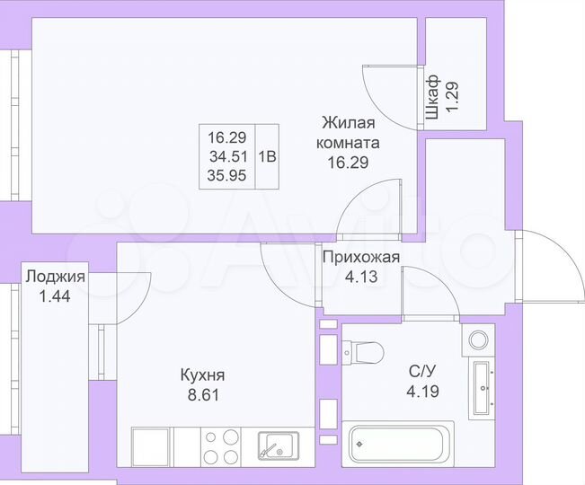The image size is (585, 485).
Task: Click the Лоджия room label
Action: (56, 277)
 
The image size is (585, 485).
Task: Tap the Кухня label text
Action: (201, 375)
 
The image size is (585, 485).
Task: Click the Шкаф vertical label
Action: (432, 97)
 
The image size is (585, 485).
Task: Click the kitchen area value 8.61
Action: (201, 392)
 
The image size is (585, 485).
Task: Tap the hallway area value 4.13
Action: (361, 277)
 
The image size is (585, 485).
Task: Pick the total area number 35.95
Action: (226, 175)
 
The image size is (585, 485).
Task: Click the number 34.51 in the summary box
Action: (226, 156)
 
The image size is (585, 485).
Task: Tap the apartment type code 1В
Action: (268, 156)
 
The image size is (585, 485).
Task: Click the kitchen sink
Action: (277, 445)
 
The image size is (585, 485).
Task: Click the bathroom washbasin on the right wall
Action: (485, 388)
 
